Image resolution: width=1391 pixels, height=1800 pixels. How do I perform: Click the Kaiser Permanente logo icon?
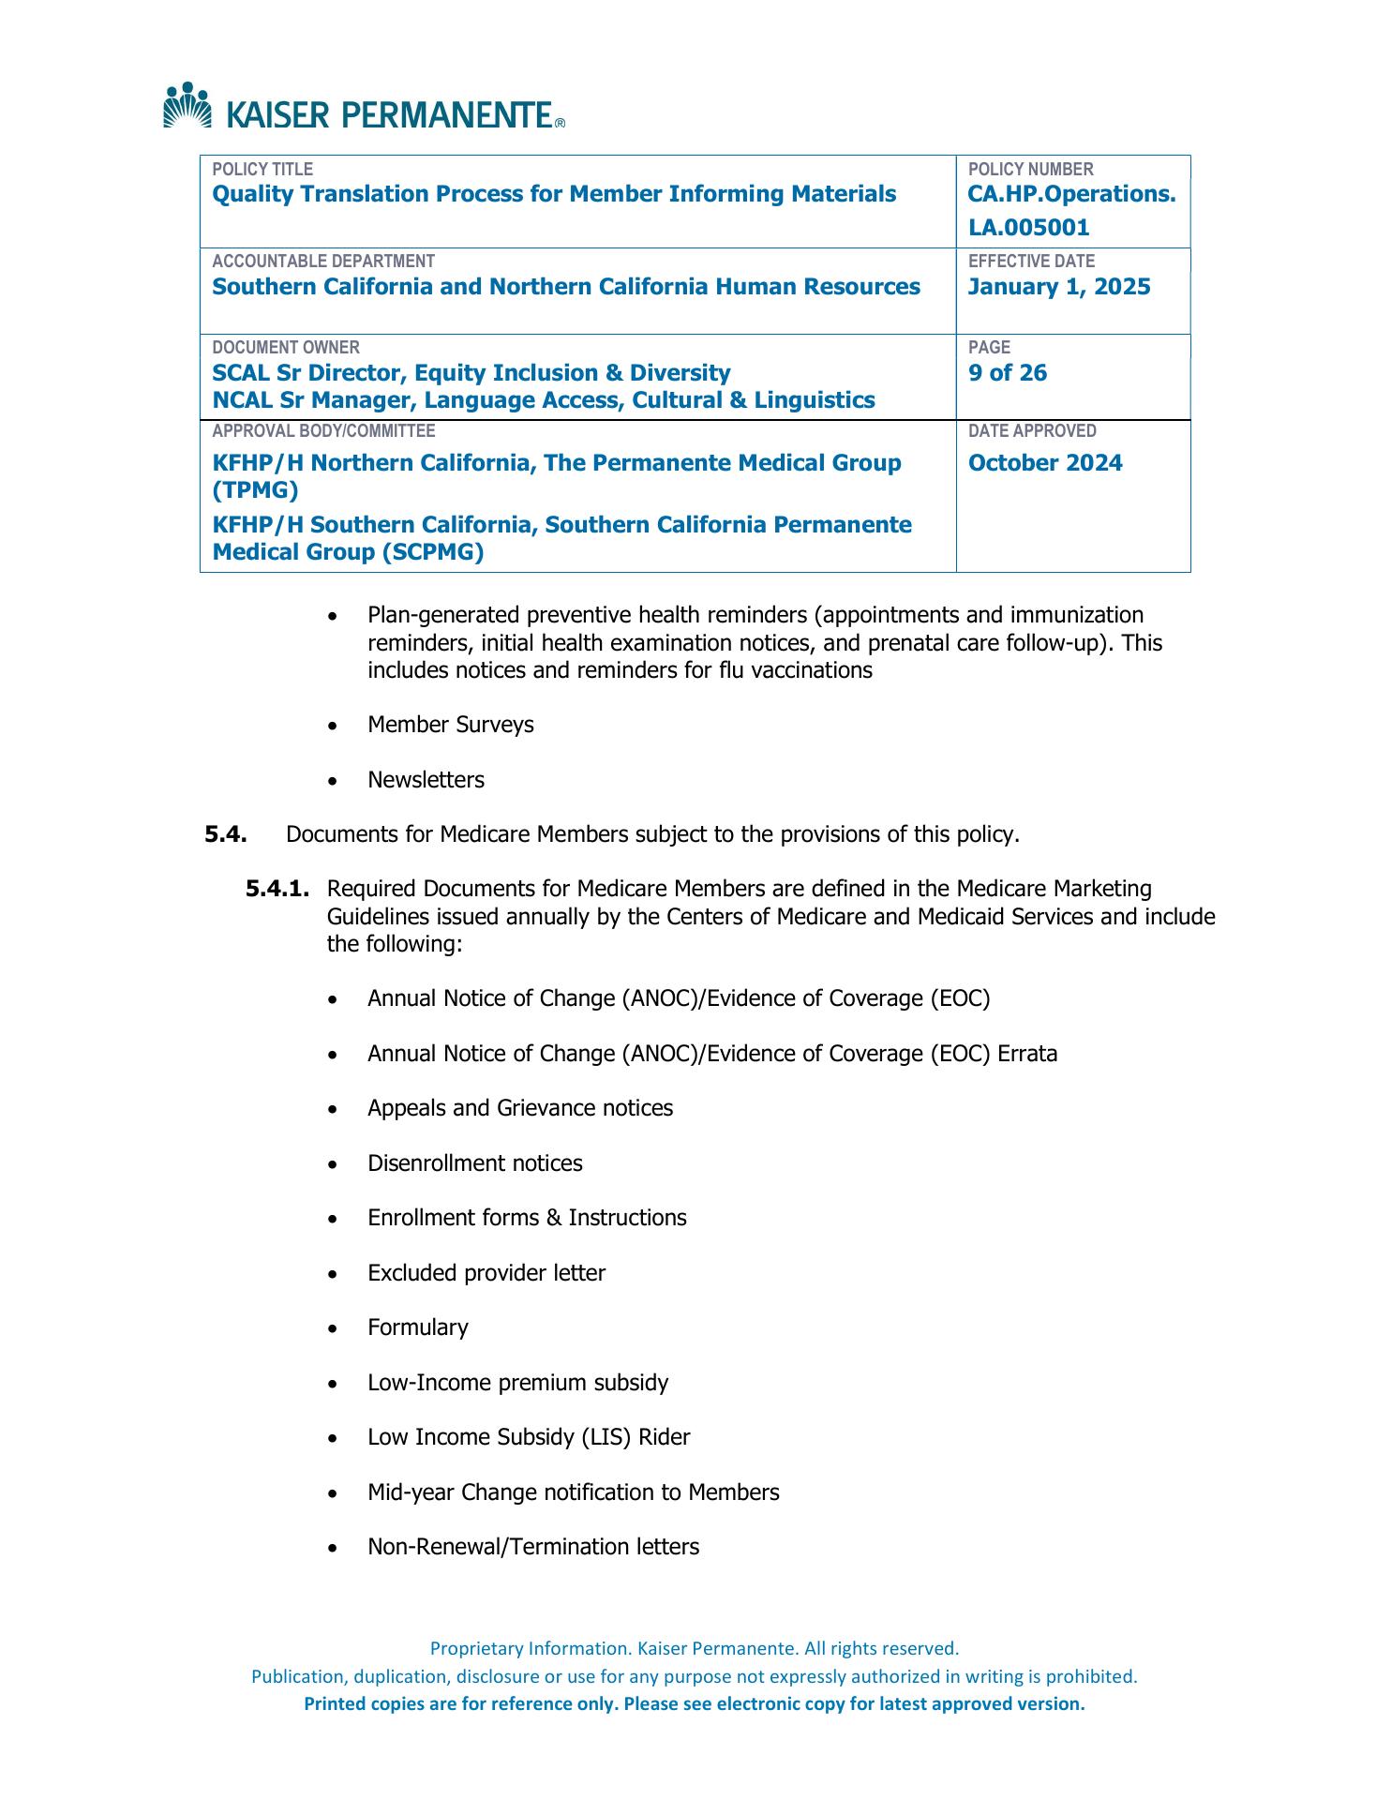tap(188, 105)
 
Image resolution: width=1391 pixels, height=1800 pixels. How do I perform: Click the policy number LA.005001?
tap(1028, 228)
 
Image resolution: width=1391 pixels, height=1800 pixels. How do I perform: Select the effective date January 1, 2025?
tap(1058, 287)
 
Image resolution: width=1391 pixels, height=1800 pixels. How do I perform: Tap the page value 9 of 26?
tap(1007, 373)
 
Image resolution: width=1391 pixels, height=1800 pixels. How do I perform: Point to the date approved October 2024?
tap(1044, 463)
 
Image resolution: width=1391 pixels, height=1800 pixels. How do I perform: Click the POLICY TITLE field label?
tap(262, 170)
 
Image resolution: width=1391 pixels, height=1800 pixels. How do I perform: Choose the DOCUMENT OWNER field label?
tap(285, 348)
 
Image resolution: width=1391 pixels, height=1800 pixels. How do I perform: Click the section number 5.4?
tap(226, 834)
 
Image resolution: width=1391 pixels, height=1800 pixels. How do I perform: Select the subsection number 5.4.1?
tap(277, 889)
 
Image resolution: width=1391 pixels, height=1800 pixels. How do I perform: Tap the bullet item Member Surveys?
tap(450, 725)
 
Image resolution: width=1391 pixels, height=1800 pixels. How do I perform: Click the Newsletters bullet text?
tap(426, 780)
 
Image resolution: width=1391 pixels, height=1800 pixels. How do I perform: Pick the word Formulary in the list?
tap(417, 1327)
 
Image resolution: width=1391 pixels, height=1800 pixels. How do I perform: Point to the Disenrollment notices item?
tap(474, 1163)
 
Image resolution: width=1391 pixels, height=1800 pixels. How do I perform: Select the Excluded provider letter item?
tap(486, 1273)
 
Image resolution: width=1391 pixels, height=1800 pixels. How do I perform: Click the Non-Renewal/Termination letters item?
tap(532, 1547)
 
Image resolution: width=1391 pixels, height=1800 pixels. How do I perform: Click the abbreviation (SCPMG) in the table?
tap(432, 552)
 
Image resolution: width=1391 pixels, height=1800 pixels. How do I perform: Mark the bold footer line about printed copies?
tap(694, 1703)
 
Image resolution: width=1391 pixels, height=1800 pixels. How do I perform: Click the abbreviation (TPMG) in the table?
tap(255, 490)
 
